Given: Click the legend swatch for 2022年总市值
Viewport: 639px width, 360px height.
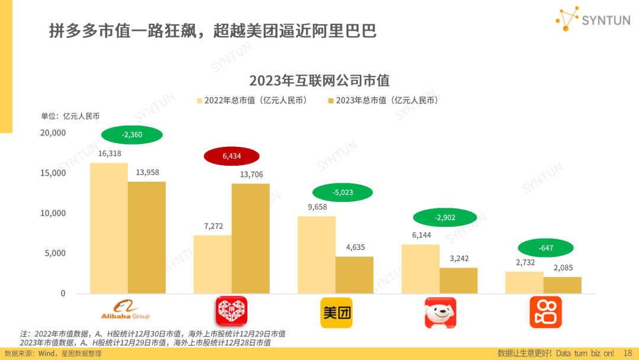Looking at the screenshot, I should pyautogui.click(x=199, y=101).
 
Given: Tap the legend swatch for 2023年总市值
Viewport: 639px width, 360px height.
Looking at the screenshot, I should pyautogui.click(x=331, y=101).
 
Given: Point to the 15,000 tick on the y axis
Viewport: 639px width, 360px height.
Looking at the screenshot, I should pyautogui.click(x=53, y=173).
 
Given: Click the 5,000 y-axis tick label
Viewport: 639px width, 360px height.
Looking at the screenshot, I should pyautogui.click(x=55, y=253).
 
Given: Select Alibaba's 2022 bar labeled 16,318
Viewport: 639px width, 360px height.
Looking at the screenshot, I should pyautogui.click(x=109, y=228).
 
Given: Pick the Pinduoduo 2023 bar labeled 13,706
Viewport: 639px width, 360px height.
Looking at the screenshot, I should pyautogui.click(x=250, y=238).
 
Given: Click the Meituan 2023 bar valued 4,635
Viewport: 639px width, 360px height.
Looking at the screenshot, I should pyautogui.click(x=354, y=275).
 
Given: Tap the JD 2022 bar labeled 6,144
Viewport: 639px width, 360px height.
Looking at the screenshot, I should pyautogui.click(x=421, y=269).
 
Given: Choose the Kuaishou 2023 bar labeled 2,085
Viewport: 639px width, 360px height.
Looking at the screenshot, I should pyautogui.click(x=562, y=285).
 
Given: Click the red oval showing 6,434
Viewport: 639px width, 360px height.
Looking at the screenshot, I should pyautogui.click(x=232, y=156).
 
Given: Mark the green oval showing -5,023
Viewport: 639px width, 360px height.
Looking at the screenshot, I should pyautogui.click(x=343, y=192).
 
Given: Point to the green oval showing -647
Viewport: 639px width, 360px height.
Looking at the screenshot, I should pyautogui.click(x=546, y=248).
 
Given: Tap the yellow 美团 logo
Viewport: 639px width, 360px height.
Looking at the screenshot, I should pyautogui.click(x=336, y=312).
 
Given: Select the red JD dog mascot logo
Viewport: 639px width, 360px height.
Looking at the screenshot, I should pyautogui.click(x=440, y=312).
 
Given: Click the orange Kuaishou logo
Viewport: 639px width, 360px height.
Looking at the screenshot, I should pyautogui.click(x=545, y=312).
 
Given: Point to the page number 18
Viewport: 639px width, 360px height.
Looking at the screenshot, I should pyautogui.click(x=628, y=353).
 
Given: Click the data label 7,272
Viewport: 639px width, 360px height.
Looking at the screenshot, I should pyautogui.click(x=213, y=227).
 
